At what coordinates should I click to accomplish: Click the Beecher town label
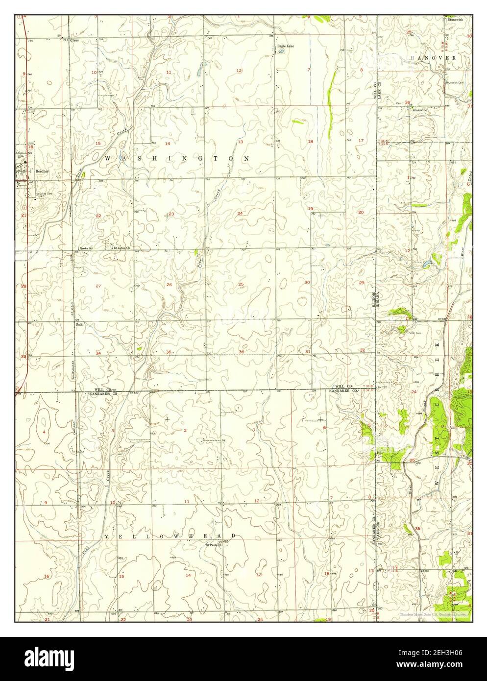tap(41, 171)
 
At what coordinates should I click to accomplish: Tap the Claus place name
tap(74, 40)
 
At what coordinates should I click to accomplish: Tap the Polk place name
tap(78, 324)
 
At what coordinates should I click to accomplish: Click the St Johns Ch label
tap(122, 248)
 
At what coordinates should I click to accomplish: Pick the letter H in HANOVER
tap(413, 58)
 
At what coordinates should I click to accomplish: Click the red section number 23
tap(171, 214)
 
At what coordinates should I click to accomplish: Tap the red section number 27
tap(98, 286)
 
